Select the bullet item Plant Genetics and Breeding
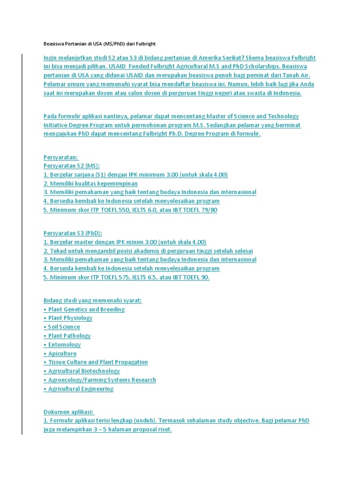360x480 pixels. pos(86,309)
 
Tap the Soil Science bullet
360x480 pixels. pos(64,327)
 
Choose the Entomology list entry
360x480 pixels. pos(64,345)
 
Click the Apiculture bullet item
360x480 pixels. pos(62,353)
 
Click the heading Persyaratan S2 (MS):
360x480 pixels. pos(72,166)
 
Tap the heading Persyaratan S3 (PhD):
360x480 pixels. pos(73,233)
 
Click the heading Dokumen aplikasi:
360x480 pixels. pos(68,412)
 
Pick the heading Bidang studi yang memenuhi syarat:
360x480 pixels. pos(93,300)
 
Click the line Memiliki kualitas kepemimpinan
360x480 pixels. pos(90,183)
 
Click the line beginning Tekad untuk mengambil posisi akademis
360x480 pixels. pos(148,251)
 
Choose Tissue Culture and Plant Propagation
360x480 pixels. pos(98,362)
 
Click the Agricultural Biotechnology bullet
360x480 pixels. pos(84,371)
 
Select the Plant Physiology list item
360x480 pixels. pos(70,318)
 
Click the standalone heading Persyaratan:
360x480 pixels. pos(61,157)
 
